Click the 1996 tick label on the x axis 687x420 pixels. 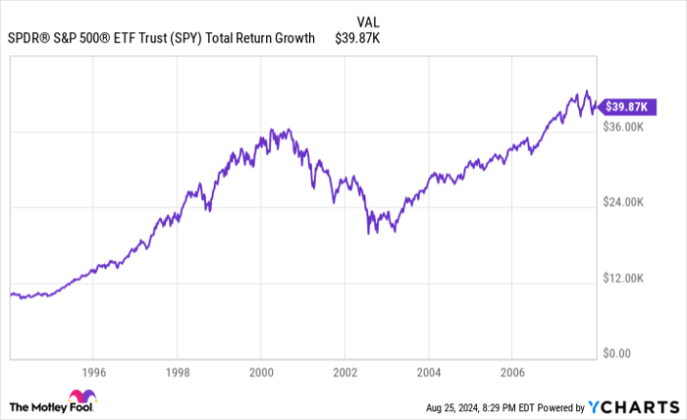pyautogui.click(x=93, y=373)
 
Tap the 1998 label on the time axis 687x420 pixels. pyautogui.click(x=177, y=373)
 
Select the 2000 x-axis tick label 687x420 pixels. pyautogui.click(x=260, y=373)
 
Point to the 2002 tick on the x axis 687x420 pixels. pyautogui.click(x=344, y=373)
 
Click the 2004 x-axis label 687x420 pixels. pyautogui.click(x=428, y=373)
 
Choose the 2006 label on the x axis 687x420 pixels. pyautogui.click(x=511, y=373)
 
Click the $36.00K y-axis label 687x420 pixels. pyautogui.click(x=622, y=127)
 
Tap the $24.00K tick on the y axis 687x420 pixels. pyautogui.click(x=622, y=202)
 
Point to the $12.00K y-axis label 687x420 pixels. pyautogui.click(x=622, y=278)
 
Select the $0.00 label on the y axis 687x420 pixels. pyautogui.click(x=615, y=353)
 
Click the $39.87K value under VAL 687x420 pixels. pyautogui.click(x=357, y=38)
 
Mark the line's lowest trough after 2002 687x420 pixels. pyautogui.click(x=369, y=234)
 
